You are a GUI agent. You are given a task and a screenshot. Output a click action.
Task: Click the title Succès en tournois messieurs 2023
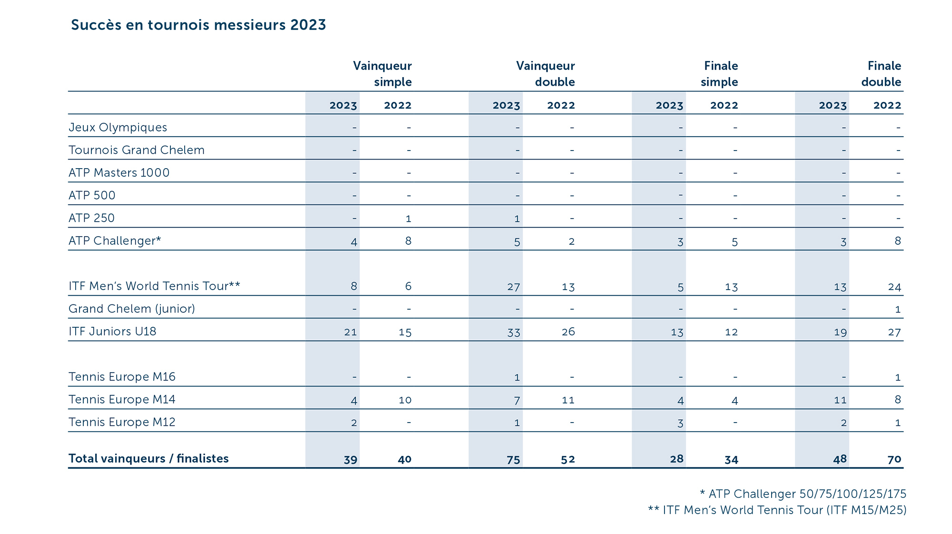tap(198, 25)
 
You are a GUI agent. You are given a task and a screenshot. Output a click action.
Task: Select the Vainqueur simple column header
tap(382, 74)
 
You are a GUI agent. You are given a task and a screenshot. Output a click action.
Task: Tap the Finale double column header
tap(881, 74)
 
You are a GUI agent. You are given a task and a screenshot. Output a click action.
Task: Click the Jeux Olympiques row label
tap(118, 127)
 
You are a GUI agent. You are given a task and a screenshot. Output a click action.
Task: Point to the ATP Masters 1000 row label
tap(119, 172)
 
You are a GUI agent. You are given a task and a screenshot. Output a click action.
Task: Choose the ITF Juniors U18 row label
tap(112, 331)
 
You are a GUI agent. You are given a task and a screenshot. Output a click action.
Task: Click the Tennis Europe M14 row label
tap(122, 399)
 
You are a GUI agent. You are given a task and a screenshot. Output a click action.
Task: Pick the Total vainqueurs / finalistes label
tap(149, 458)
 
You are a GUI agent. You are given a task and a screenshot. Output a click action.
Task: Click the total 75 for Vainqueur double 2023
tap(513, 459)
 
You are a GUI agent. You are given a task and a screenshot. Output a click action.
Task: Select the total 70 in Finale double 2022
tap(894, 459)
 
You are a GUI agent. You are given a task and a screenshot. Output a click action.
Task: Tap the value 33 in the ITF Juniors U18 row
tap(513, 332)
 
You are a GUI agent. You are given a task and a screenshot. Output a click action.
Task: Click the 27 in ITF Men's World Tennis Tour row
tap(513, 287)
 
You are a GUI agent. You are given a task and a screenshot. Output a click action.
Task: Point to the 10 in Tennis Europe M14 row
tap(405, 400)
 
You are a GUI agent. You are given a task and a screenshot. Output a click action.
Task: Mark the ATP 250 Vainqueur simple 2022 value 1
tap(408, 219)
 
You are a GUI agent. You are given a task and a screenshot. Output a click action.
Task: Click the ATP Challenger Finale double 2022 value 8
tap(897, 241)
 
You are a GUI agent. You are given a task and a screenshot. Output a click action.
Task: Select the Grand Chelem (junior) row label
tap(132, 309)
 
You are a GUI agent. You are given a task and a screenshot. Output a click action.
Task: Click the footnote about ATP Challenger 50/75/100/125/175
tap(803, 494)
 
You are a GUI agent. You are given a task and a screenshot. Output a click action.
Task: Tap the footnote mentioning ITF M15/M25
tap(777, 510)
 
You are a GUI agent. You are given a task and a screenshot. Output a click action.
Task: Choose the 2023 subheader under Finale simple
tap(669, 105)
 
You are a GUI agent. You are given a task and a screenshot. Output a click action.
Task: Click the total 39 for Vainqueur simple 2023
tap(350, 459)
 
